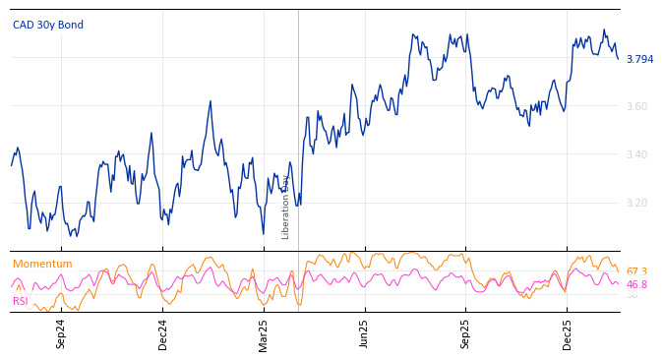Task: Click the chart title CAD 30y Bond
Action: point(48,25)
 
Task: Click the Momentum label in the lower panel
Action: point(42,265)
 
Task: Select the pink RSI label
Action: point(21,301)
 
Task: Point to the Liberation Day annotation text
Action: point(286,207)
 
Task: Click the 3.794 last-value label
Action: point(639,59)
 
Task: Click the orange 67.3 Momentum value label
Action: point(636,271)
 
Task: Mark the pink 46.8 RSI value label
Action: point(636,284)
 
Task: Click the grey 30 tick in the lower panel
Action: point(632,295)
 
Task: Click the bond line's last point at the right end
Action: point(619,59)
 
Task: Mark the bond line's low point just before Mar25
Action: point(263,233)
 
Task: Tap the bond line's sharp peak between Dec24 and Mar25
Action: point(211,101)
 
